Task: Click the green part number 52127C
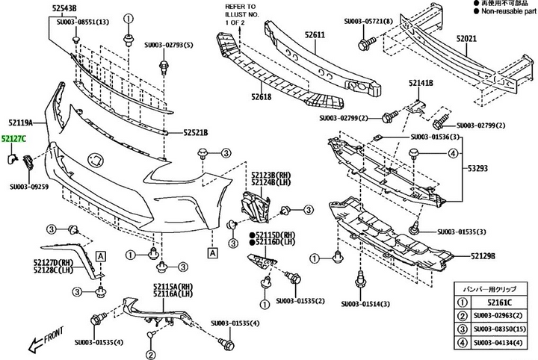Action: coord(13,139)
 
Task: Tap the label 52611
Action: coord(315,35)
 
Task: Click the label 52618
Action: coord(262,96)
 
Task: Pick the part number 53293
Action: coord(479,169)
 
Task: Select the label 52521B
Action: coord(195,132)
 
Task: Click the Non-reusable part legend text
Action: coord(499,12)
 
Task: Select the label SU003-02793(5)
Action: coord(168,46)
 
